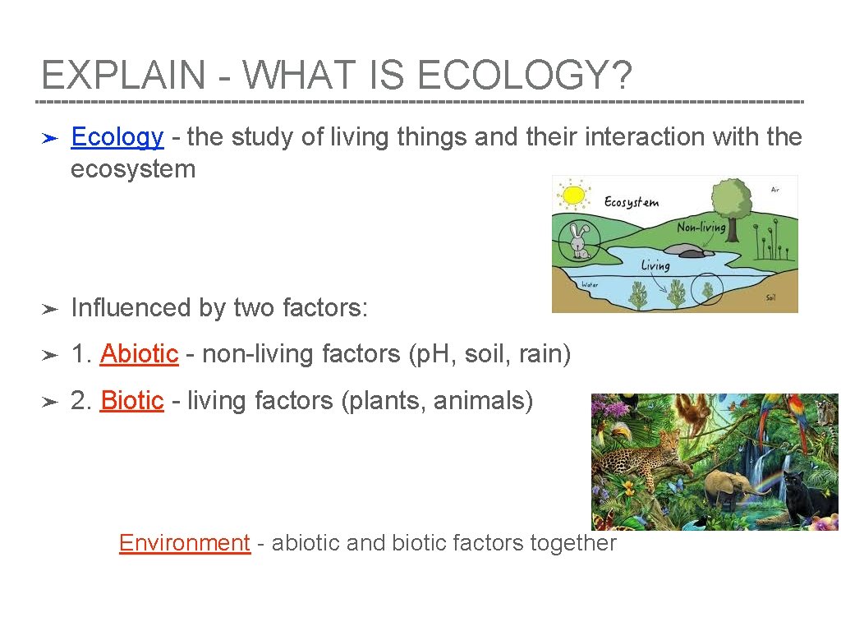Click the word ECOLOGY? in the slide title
pyautogui.click(x=525, y=76)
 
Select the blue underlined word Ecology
pyautogui.click(x=117, y=136)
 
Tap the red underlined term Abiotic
pyautogui.click(x=139, y=354)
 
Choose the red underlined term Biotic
pyautogui.click(x=131, y=401)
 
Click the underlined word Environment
pyautogui.click(x=184, y=543)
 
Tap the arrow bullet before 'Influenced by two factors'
pyautogui.click(x=48, y=310)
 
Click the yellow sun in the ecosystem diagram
pyautogui.click(x=572, y=195)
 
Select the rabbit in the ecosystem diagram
pyautogui.click(x=580, y=242)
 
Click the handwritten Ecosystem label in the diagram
pyautogui.click(x=631, y=201)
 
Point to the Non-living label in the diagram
pyautogui.click(x=701, y=226)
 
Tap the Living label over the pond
pyautogui.click(x=655, y=265)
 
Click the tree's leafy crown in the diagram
pyautogui.click(x=731, y=198)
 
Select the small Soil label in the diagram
pyautogui.click(x=770, y=297)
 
